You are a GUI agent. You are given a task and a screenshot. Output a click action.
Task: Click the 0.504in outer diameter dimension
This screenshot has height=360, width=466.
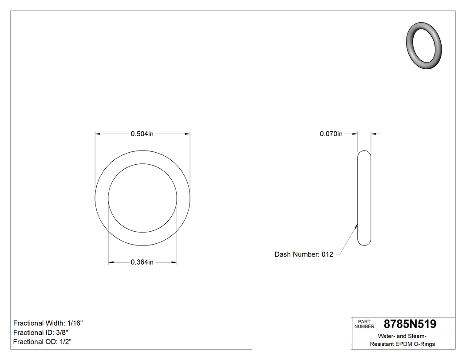pyautogui.click(x=142, y=134)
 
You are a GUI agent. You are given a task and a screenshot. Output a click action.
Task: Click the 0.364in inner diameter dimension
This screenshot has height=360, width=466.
pyautogui.click(x=142, y=262)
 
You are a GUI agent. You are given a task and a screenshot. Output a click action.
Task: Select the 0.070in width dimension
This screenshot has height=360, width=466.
pyautogui.click(x=331, y=134)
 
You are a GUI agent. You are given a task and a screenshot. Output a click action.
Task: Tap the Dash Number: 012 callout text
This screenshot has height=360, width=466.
pyautogui.click(x=304, y=254)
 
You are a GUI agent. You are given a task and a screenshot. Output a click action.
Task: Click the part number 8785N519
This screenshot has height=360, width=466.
pyautogui.click(x=410, y=324)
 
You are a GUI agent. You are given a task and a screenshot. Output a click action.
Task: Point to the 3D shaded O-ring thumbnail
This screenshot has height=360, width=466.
pyautogui.click(x=425, y=45)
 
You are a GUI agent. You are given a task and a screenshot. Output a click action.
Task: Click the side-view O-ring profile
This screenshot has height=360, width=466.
pyautogui.click(x=364, y=198)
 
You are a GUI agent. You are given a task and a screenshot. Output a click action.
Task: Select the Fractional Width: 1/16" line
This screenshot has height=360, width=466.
pyautogui.click(x=48, y=323)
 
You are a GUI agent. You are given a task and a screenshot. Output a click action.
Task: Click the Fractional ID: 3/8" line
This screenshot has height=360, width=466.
pyautogui.click(x=41, y=332)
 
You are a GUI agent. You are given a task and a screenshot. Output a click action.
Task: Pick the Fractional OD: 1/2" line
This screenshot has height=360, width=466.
pyautogui.click(x=43, y=342)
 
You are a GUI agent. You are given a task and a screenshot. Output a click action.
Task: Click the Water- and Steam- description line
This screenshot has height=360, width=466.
pyautogui.click(x=403, y=336)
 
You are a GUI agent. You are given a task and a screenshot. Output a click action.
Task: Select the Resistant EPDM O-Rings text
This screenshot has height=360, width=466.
pyautogui.click(x=403, y=344)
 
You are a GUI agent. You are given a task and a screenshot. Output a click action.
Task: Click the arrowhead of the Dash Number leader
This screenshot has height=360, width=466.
pyautogui.click(x=356, y=225)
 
